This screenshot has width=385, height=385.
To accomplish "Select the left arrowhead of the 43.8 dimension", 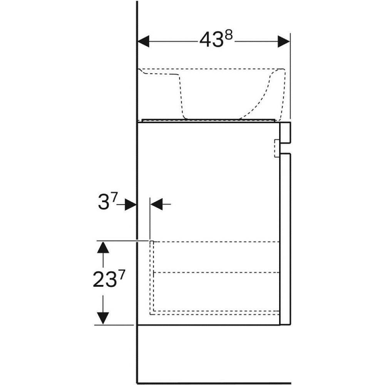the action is point(143,41).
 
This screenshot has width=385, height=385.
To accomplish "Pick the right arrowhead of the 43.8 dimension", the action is point(284,41).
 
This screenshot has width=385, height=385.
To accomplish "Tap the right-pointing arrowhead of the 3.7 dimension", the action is point(131,204).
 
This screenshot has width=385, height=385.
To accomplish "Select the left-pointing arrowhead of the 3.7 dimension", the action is point(157,204).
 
